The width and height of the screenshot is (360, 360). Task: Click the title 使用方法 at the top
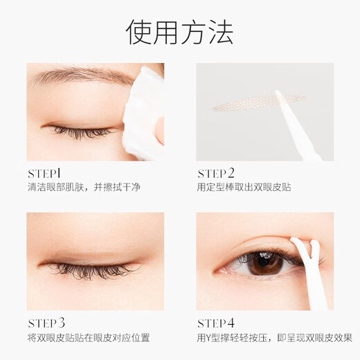click(179, 31)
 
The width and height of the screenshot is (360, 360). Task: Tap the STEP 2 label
click(217, 172)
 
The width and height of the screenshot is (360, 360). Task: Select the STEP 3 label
click(48, 322)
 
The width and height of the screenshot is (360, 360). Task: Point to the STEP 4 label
click(217, 322)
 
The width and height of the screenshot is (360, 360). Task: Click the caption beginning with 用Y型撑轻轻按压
click(274, 337)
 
